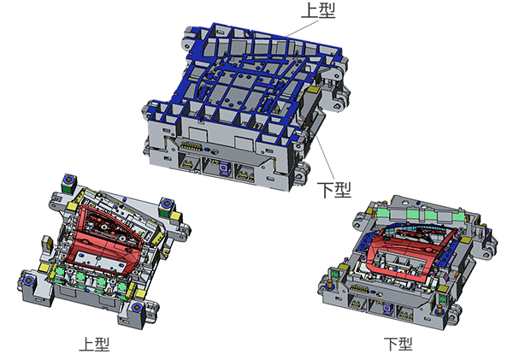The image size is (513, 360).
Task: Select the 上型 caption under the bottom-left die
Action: click(94, 344)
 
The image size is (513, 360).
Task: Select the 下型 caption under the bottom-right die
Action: click(398, 344)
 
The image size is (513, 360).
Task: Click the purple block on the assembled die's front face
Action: click(224, 168)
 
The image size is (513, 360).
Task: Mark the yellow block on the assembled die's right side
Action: click(314, 87)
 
